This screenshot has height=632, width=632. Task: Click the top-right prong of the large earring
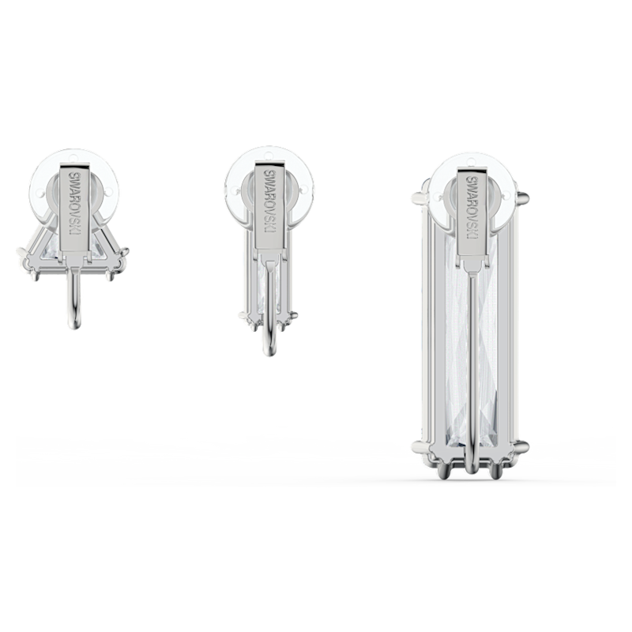[x=522, y=197]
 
